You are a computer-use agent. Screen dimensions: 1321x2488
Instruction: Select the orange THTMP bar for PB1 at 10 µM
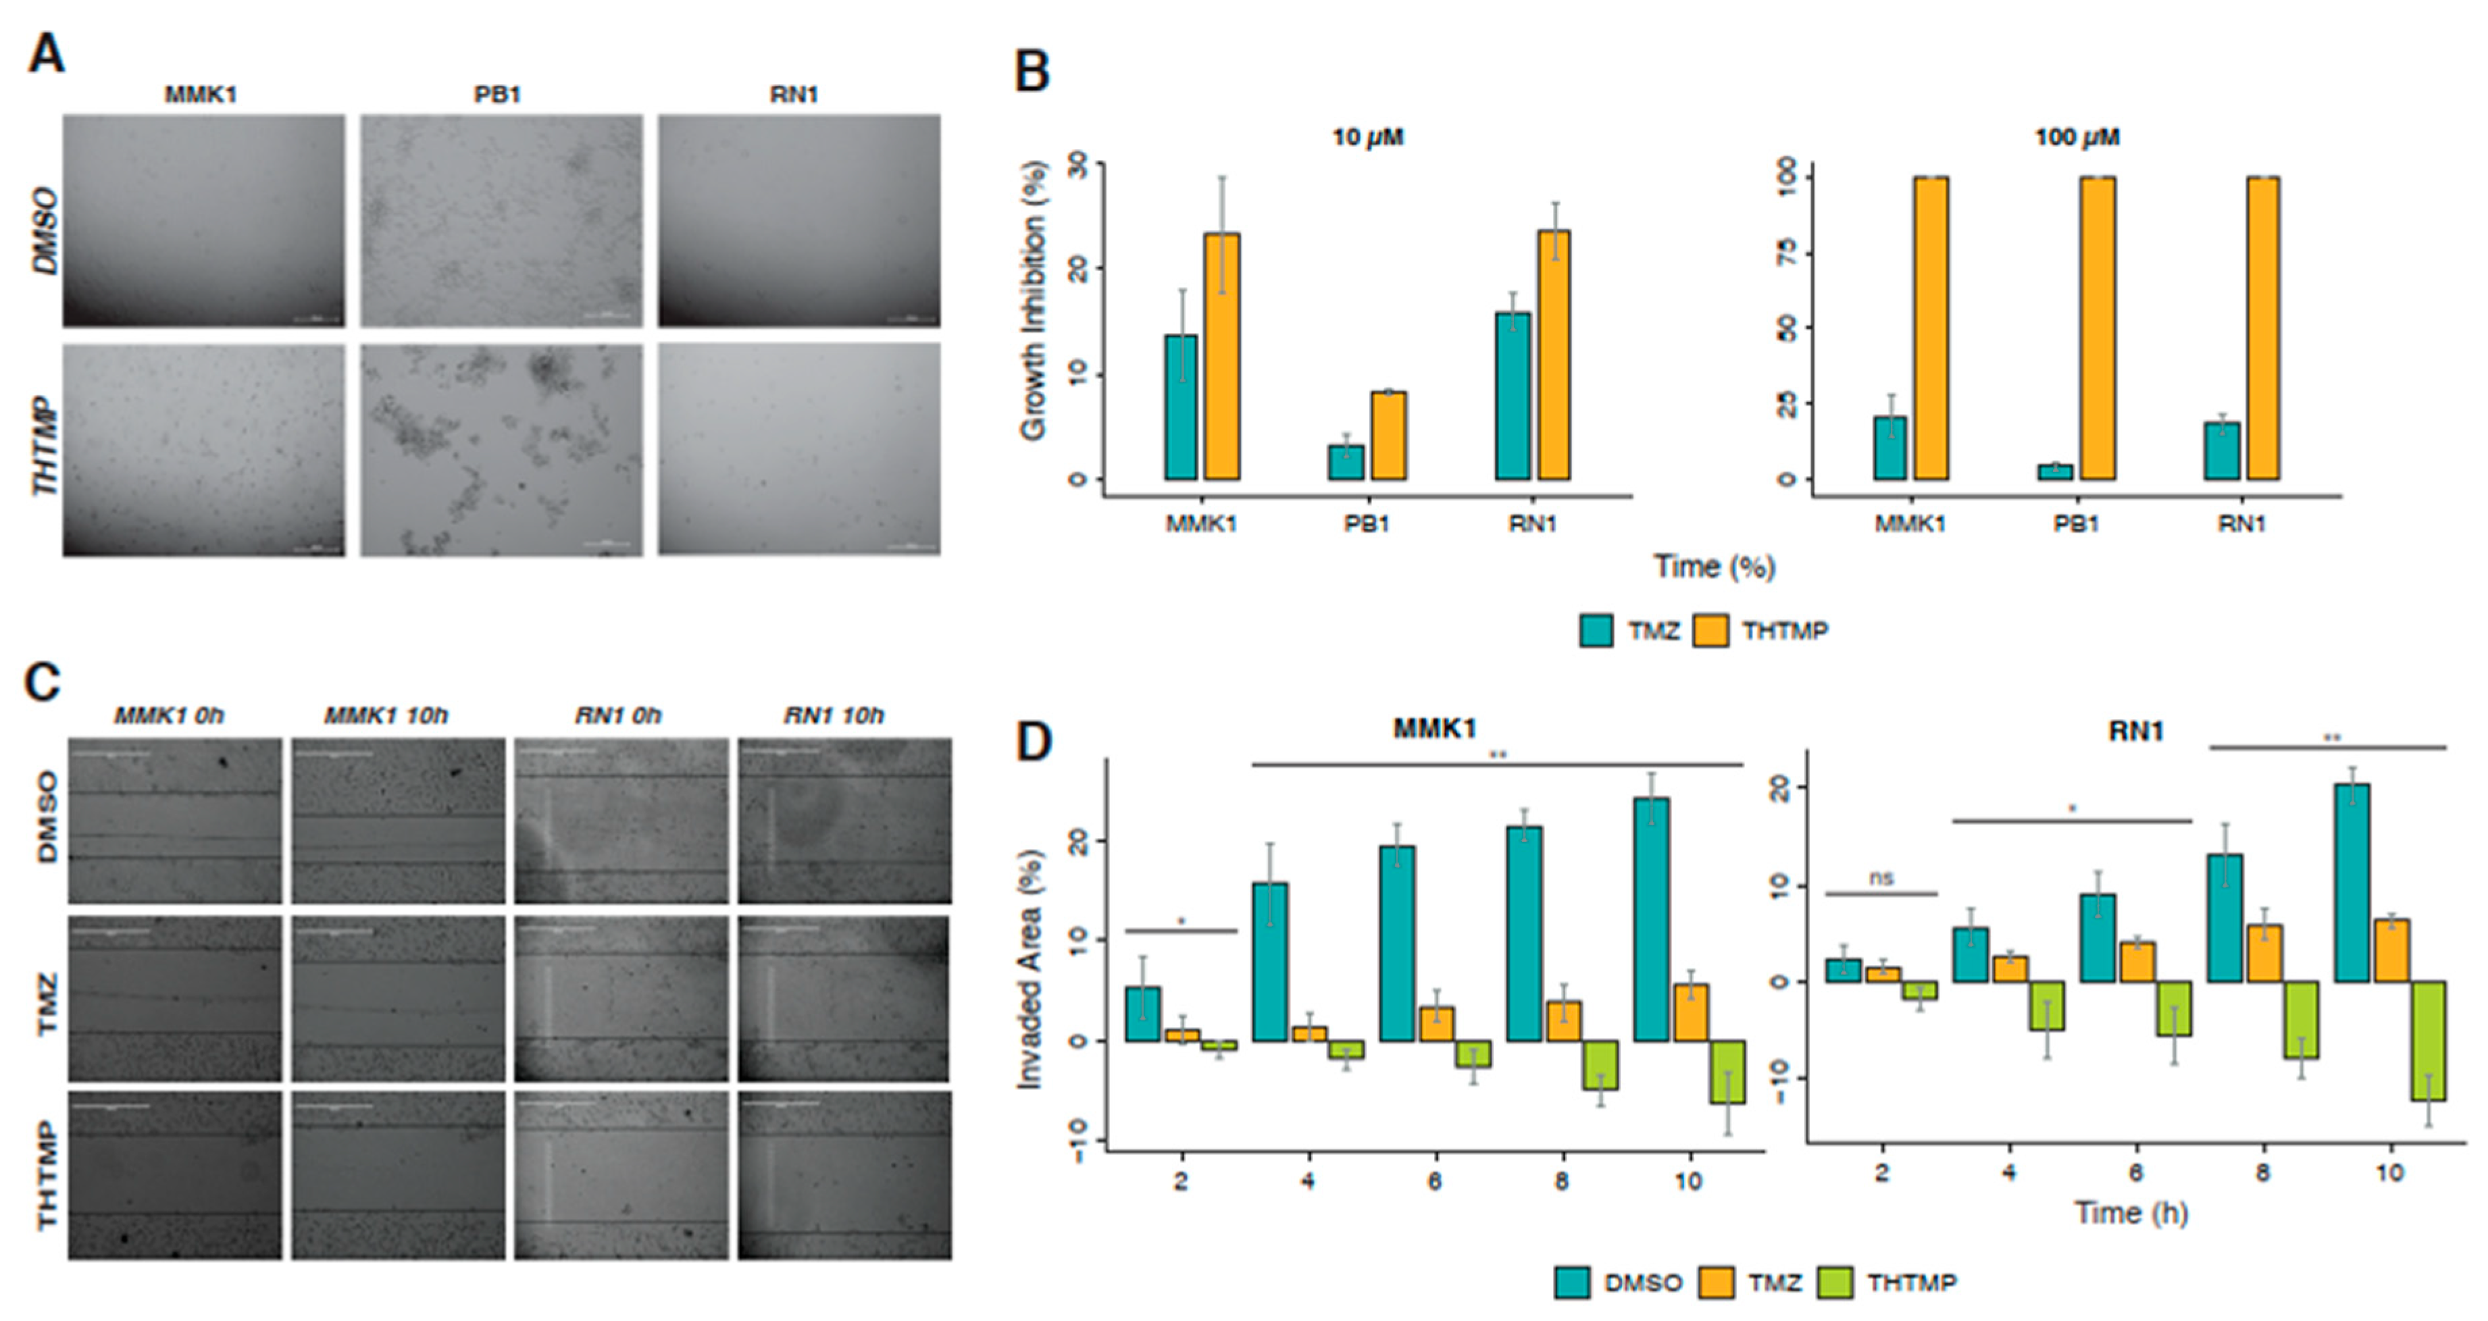1388,436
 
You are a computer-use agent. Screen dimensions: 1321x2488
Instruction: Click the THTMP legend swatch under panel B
1710,631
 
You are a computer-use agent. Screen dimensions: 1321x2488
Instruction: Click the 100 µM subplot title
2077,137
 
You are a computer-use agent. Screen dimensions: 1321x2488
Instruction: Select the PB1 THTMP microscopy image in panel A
501,450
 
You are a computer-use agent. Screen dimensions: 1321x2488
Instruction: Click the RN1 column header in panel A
794,95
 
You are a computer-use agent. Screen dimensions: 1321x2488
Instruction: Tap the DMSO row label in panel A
45,232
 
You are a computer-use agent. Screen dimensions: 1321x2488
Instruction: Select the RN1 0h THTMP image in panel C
621,1175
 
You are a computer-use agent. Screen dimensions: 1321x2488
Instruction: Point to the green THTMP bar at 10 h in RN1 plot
2428,1041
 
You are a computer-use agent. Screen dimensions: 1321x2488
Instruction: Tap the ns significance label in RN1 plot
1881,878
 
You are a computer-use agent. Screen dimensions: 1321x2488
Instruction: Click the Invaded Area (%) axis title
1031,970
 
